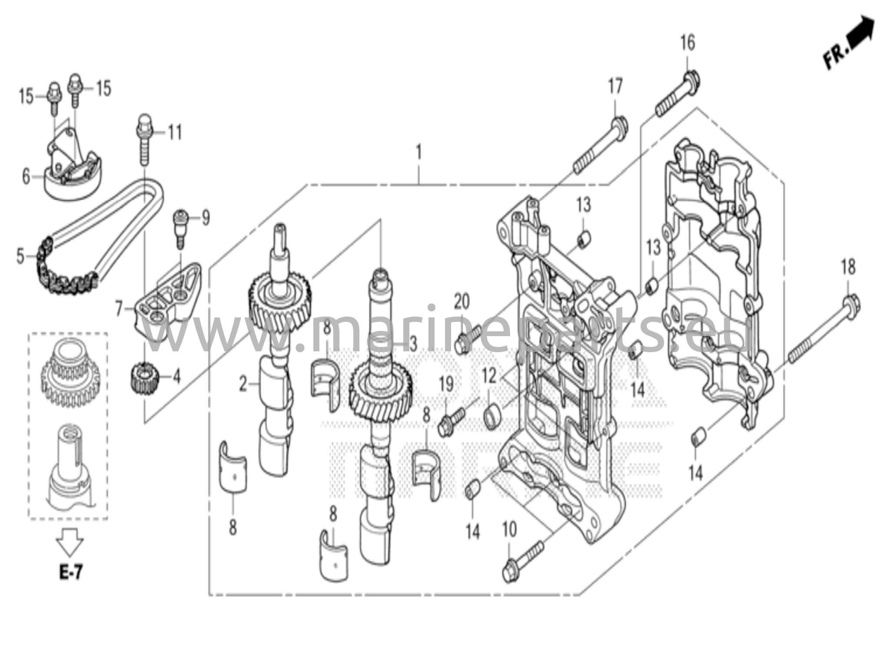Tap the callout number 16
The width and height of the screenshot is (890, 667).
(x=688, y=43)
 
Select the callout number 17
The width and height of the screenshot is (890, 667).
(x=615, y=86)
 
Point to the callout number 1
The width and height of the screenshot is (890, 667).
(x=419, y=152)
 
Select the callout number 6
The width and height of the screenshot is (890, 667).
(x=26, y=177)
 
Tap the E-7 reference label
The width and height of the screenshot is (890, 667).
(x=70, y=573)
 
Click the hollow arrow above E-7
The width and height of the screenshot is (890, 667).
(x=70, y=542)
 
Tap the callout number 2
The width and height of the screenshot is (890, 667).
(x=243, y=383)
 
